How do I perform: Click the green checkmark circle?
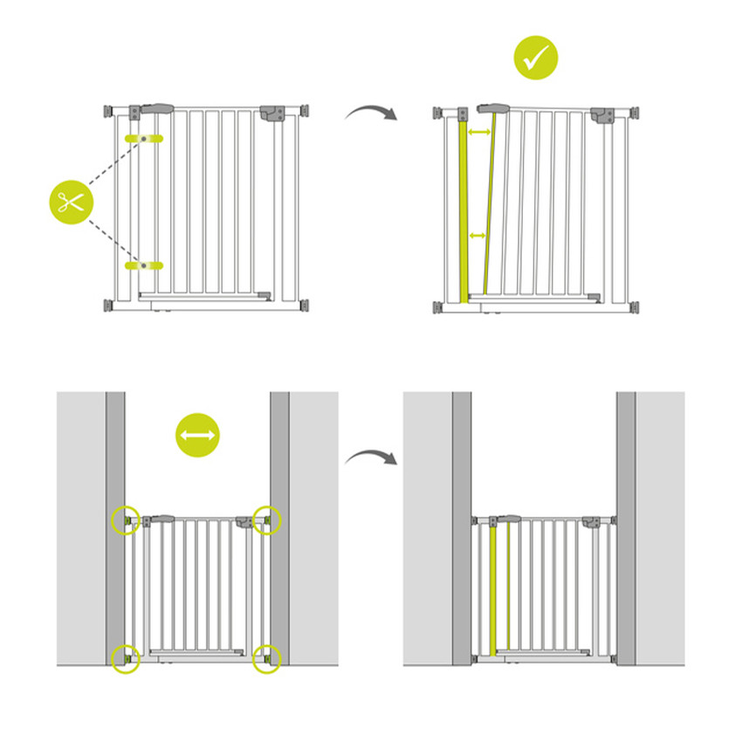(534, 58)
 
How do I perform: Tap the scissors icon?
(71, 202)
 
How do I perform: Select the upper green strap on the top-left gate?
(144, 139)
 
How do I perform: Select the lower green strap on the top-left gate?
(144, 264)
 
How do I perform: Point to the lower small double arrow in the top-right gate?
(477, 236)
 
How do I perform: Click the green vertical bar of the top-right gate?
(463, 210)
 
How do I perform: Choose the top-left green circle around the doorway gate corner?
(126, 519)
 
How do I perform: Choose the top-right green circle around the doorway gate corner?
(267, 519)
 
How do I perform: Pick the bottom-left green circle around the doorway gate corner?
(126, 658)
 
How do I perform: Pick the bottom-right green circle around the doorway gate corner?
(267, 658)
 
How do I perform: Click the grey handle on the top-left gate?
(155, 109)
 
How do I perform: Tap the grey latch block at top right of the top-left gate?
(272, 113)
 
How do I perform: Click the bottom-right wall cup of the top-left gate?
(305, 306)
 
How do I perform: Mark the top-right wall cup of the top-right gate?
(634, 113)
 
